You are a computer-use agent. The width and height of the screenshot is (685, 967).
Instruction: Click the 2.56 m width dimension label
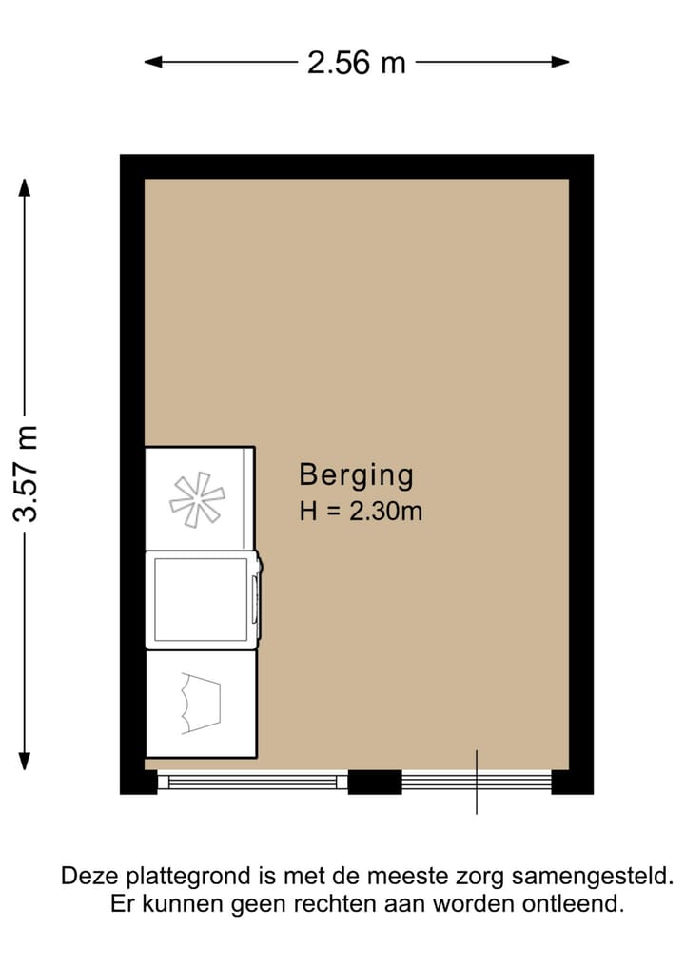[x=356, y=63]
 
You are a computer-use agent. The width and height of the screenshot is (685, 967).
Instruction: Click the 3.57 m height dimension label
[x=26, y=473]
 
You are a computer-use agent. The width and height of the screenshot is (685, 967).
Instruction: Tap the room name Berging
[x=356, y=474]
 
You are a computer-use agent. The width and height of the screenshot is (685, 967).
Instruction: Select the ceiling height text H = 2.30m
[x=361, y=512]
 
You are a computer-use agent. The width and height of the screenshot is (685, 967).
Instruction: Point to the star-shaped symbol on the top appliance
[x=197, y=498]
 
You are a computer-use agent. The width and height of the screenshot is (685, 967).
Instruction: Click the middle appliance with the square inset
[x=201, y=600]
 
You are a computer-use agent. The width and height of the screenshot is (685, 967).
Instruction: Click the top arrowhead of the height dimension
[x=26, y=187]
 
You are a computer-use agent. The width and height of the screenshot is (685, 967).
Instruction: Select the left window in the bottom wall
[x=252, y=782]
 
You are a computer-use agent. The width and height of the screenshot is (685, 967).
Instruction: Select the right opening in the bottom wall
[x=477, y=782]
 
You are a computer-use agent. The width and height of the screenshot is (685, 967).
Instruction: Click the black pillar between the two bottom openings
[x=374, y=782]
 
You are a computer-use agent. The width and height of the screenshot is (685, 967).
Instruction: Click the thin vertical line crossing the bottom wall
[x=477, y=803]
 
